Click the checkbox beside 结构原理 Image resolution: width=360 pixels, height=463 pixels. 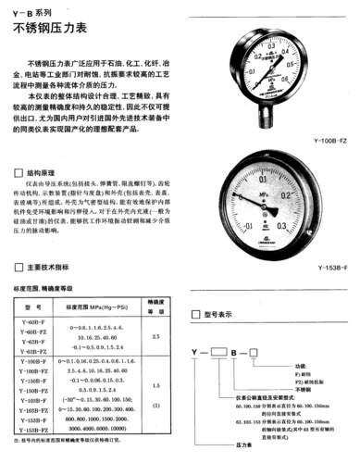[19, 172]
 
